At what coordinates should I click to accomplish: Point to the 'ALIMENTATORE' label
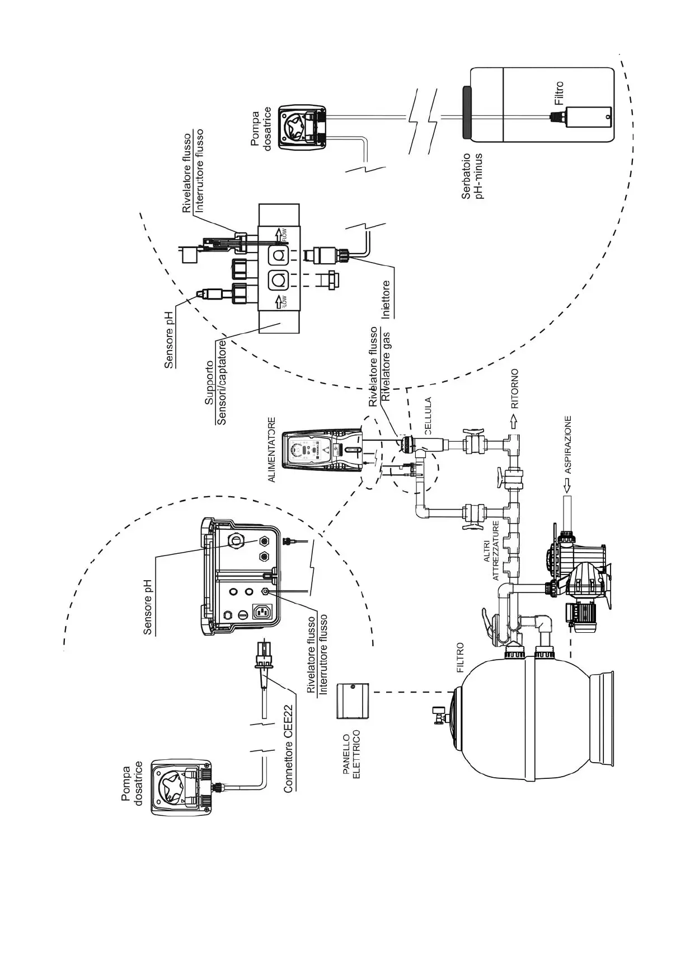coord(272,450)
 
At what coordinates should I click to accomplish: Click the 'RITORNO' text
coord(515,388)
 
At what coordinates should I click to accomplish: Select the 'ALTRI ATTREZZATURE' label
coord(491,543)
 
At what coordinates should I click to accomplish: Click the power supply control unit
coord(322,450)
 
